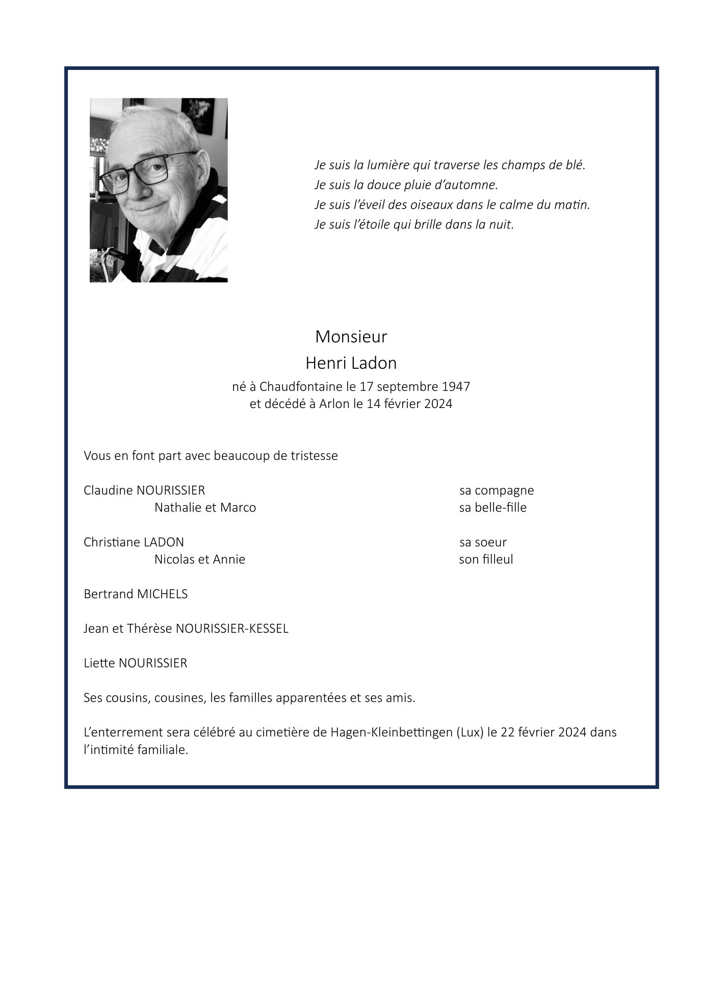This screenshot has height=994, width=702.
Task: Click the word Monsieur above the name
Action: [351, 337]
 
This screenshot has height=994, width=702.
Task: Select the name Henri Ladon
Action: [351, 363]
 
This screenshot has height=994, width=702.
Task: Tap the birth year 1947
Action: [456, 387]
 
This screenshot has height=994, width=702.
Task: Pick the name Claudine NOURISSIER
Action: [144, 490]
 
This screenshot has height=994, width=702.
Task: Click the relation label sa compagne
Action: [497, 490]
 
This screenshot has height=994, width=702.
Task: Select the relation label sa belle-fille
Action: [492, 507]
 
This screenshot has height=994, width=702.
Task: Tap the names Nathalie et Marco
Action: [205, 507]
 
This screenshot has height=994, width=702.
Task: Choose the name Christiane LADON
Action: [134, 542]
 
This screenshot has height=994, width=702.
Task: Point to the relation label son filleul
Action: [486, 559]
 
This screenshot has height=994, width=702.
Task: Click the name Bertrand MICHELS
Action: [136, 594]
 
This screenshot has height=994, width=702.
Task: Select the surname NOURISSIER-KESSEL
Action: [232, 629]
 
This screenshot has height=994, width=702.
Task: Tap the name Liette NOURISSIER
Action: [136, 663]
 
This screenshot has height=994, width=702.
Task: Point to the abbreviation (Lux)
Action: [471, 732]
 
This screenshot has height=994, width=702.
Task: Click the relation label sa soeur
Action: [483, 542]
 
